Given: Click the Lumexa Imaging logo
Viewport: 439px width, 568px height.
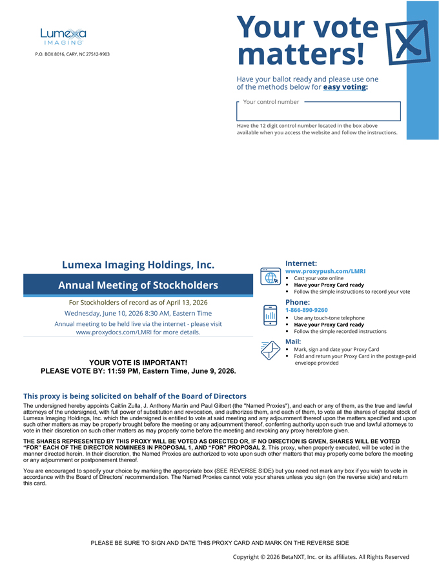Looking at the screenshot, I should pyautogui.click(x=63, y=36).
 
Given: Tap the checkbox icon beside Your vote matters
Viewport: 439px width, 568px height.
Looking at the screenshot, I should pyautogui.click(x=407, y=43).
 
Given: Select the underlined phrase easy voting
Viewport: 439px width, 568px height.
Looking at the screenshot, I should pyautogui.click(x=345, y=86).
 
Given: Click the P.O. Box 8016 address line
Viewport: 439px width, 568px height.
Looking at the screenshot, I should pyautogui.click(x=72, y=54).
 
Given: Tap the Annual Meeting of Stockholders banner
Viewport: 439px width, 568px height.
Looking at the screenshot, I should pyautogui.click(x=138, y=285).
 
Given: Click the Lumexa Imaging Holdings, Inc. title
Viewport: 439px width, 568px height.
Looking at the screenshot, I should pyautogui.click(x=138, y=264).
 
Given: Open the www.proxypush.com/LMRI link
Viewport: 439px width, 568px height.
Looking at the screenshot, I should pyautogui.click(x=325, y=271).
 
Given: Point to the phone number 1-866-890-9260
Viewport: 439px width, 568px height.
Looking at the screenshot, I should pyautogui.click(x=307, y=310).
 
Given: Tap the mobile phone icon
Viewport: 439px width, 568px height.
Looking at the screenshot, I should pyautogui.click(x=271, y=315).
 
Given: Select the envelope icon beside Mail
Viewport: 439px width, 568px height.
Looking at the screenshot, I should pyautogui.click(x=270, y=350).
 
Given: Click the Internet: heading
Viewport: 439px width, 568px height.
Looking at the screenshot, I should pyautogui.click(x=301, y=263).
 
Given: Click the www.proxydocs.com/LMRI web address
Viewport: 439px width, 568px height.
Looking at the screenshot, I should pyautogui.click(x=138, y=332).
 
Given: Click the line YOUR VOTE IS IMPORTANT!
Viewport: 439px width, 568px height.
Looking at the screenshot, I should pyautogui.click(x=138, y=363).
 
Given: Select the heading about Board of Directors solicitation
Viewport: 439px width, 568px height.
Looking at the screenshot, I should pyautogui.click(x=134, y=396).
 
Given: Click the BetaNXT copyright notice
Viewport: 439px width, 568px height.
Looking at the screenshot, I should pyautogui.click(x=321, y=556).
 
